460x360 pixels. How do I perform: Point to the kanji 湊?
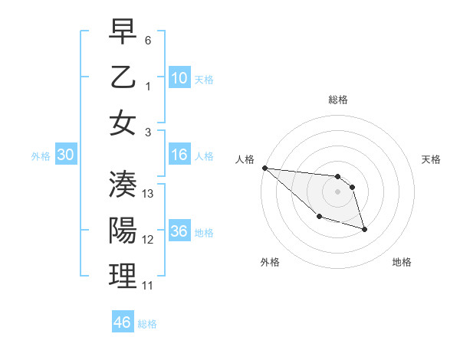(123, 185)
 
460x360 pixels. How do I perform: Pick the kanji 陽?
(123, 231)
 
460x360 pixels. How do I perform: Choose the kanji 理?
(123, 277)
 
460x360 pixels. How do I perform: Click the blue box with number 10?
(179, 78)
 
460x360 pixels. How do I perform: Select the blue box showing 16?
(179, 155)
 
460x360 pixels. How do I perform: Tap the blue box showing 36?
(179, 232)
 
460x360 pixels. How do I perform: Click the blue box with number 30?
(65, 155)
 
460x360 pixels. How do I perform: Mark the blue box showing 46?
(122, 322)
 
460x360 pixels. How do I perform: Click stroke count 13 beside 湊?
(149, 194)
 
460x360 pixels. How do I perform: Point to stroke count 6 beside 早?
(148, 39)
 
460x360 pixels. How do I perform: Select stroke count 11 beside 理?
(148, 286)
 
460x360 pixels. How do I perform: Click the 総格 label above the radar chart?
(338, 100)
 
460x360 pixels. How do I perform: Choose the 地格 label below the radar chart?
(402, 262)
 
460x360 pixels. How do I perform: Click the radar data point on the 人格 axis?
(264, 168)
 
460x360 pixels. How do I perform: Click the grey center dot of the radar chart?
(338, 191)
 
